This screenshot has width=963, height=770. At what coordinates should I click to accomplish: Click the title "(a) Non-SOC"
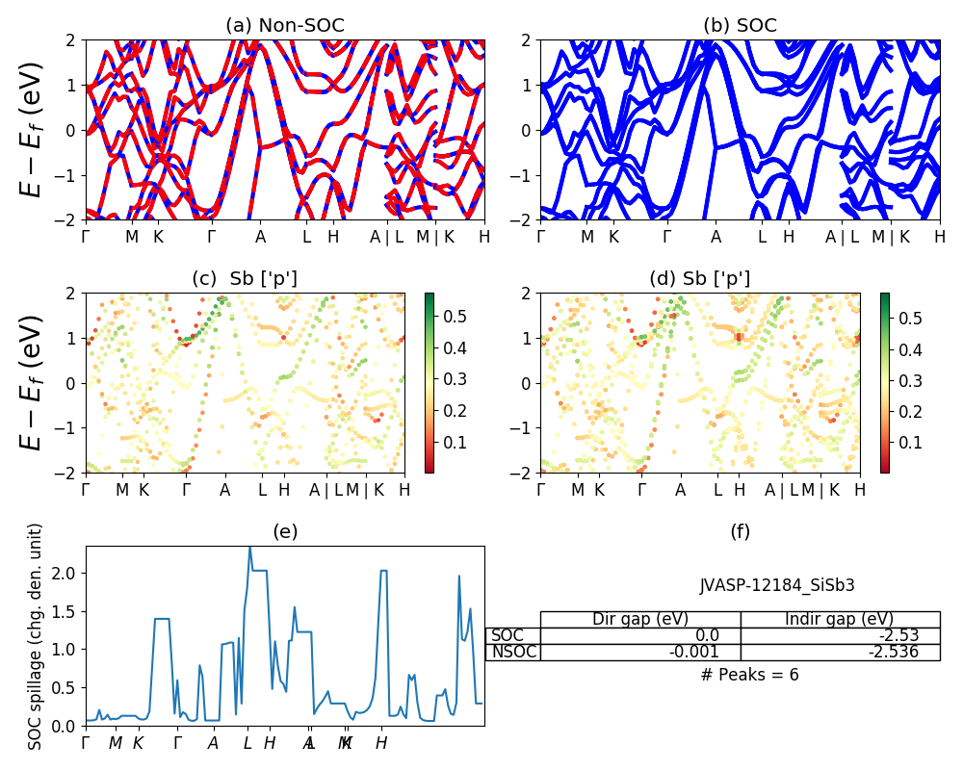point(284,26)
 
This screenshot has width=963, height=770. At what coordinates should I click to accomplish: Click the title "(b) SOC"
point(740,26)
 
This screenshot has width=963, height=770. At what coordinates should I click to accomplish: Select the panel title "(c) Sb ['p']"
point(245,279)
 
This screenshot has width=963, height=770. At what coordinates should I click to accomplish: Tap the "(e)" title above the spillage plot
point(284,531)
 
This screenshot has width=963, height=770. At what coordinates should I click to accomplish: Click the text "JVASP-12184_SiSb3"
point(777,584)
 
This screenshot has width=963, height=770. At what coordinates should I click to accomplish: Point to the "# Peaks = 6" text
point(749,675)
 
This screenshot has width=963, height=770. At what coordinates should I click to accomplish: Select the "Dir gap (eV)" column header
point(640,619)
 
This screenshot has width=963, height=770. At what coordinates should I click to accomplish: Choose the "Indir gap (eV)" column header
point(840,619)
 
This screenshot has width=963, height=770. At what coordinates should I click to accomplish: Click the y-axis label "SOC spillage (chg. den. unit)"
point(36,636)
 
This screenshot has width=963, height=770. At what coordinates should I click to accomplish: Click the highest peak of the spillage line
point(250,547)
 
